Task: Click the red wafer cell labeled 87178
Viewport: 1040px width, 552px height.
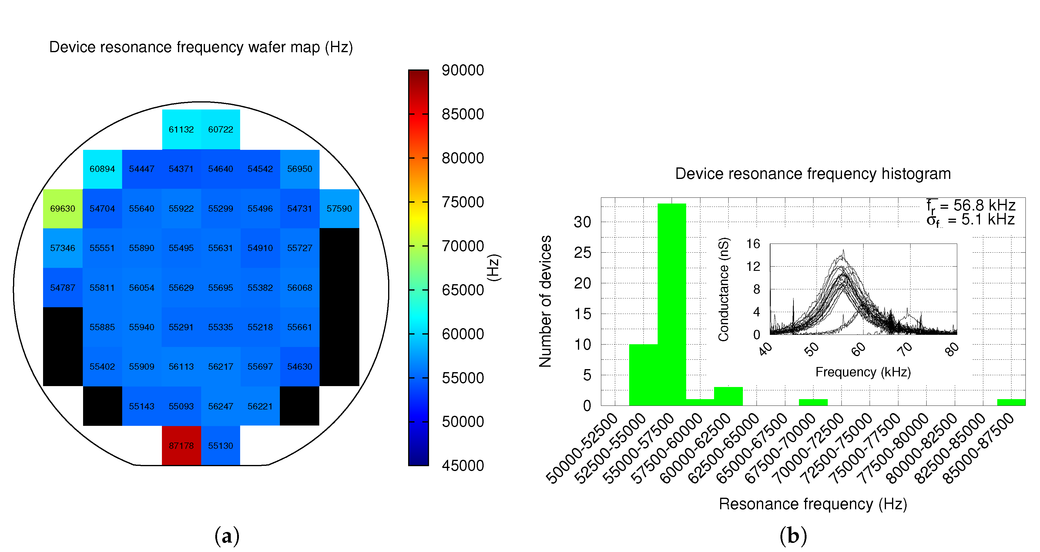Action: [181, 446]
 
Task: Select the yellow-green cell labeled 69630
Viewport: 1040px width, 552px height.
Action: [62, 208]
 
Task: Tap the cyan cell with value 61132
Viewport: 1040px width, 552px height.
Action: [181, 129]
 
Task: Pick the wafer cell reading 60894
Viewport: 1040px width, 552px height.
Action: [102, 169]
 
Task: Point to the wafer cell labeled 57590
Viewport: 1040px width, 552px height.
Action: [339, 208]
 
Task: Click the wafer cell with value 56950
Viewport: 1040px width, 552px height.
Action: [300, 169]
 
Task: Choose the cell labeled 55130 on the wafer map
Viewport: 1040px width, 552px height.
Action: [220, 446]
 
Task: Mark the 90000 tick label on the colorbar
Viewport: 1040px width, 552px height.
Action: [463, 70]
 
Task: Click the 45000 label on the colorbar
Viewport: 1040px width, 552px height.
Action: [463, 466]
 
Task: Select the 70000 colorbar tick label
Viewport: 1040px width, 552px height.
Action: [463, 246]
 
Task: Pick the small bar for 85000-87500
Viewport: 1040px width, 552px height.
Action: [1011, 402]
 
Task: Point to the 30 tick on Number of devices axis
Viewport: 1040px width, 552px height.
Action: [582, 222]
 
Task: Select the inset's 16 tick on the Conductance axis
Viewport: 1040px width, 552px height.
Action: [753, 244]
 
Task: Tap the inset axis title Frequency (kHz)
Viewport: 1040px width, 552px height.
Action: [863, 372]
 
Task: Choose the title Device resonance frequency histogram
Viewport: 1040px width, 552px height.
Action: [813, 173]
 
